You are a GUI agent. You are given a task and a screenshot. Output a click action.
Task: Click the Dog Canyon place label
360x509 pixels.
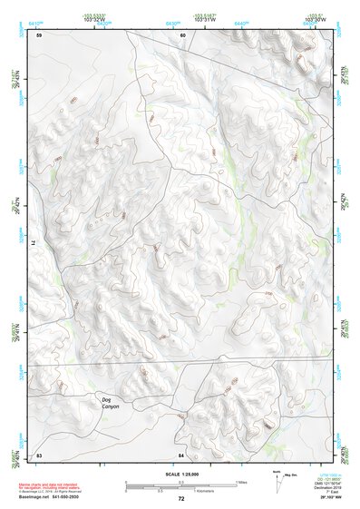pos(110,402)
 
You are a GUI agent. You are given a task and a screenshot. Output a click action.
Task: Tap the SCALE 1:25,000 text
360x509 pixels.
pos(180,475)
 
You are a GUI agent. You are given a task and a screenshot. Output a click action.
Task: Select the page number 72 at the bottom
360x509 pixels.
pos(181,499)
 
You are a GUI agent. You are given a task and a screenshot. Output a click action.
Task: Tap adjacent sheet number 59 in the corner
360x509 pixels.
pos(39,35)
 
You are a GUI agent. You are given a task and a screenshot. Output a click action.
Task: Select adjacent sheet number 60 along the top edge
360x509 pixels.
pos(182,35)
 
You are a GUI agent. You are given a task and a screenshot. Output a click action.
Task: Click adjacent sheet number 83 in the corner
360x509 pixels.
pos(39,454)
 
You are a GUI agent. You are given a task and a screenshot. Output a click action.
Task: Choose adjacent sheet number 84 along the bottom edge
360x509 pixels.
pos(181,454)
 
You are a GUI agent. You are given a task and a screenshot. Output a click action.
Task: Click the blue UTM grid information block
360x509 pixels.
pos(329,481)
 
